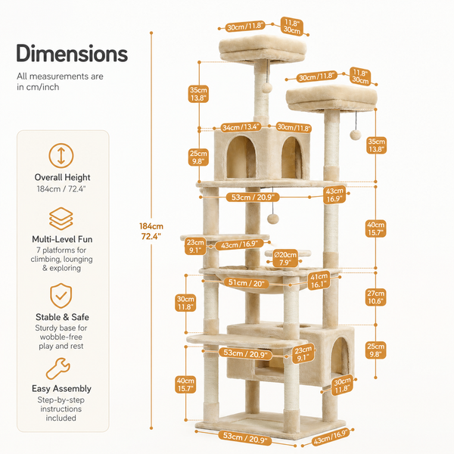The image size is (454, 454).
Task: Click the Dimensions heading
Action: pyautogui.click(x=72, y=53)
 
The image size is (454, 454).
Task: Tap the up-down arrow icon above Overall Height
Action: pyautogui.click(x=61, y=156)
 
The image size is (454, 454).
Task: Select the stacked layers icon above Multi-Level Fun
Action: pyautogui.click(x=61, y=219)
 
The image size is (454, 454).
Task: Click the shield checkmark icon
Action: pyautogui.click(x=61, y=296)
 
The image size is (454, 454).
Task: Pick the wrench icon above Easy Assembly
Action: pyautogui.click(x=58, y=368)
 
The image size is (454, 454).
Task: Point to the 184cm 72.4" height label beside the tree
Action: pyautogui.click(x=151, y=232)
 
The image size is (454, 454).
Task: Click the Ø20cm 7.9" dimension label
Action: pyautogui.click(x=285, y=259)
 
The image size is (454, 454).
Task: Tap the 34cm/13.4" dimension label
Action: pyautogui.click(x=241, y=127)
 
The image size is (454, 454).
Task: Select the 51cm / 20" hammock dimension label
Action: pyautogui.click(x=247, y=283)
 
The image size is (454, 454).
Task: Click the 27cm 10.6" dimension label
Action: pyautogui.click(x=375, y=297)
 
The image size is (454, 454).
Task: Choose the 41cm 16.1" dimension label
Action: pyautogui.click(x=319, y=281)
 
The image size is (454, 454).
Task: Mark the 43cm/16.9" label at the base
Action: pyautogui.click(x=331, y=437)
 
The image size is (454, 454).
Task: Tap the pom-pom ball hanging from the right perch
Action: pyautogui.click(x=356, y=135)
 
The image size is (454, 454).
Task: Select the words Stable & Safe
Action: pyautogui.click(x=62, y=317)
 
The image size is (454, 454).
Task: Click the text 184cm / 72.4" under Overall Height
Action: pyautogui.click(x=61, y=188)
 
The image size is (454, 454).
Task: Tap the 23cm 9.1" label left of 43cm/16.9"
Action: pyautogui.click(x=195, y=246)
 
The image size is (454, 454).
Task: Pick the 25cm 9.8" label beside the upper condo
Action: pyautogui.click(x=198, y=157)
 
